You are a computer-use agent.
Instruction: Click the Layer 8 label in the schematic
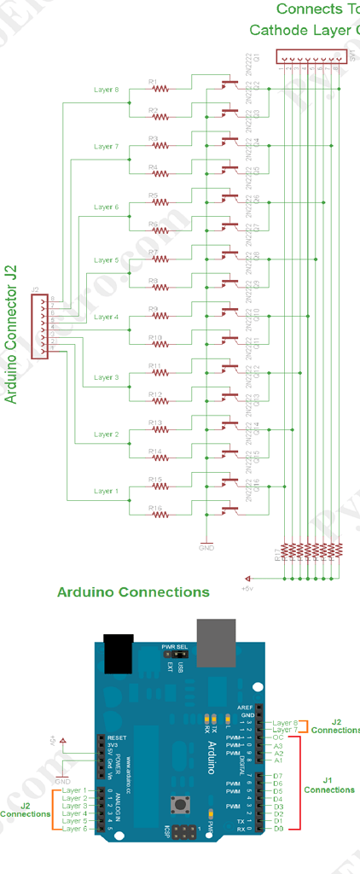(106, 90)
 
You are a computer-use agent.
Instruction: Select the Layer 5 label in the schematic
(106, 260)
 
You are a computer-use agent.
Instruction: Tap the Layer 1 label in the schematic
(106, 491)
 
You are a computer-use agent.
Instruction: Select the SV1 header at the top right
(305, 56)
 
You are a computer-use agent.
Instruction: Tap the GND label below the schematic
(206, 548)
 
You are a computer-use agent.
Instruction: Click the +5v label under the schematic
(248, 588)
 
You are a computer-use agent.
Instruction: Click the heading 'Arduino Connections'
(132, 591)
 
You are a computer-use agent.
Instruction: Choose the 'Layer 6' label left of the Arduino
(74, 829)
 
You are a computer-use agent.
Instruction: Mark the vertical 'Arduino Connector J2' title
(12, 334)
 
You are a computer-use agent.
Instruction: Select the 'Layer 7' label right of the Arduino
(285, 730)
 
